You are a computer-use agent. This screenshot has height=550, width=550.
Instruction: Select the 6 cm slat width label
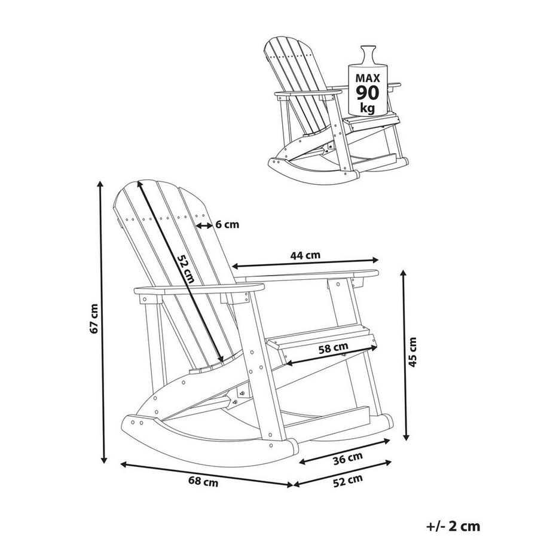click(x=227, y=225)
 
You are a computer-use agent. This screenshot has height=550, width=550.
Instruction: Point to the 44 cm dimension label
click(x=305, y=255)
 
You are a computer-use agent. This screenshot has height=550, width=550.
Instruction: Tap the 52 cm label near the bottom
click(x=349, y=479)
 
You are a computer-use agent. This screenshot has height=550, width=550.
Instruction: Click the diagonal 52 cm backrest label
click(x=185, y=267)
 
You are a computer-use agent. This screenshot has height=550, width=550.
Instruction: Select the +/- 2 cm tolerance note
click(x=454, y=526)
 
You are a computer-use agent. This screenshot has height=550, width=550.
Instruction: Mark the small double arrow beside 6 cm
click(x=204, y=225)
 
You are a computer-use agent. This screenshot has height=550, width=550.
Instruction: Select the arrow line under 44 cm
click(x=305, y=263)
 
